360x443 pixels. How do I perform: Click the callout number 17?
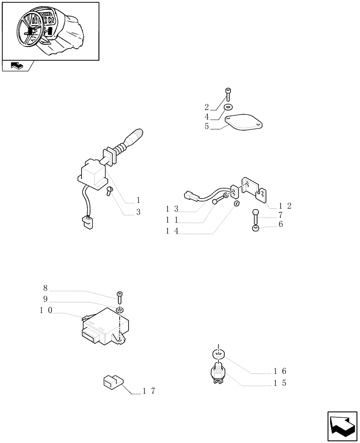149,391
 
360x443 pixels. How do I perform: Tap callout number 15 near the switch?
280,383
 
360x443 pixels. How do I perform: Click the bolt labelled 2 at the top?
228,94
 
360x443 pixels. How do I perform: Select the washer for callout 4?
228,107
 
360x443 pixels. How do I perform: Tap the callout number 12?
285,206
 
